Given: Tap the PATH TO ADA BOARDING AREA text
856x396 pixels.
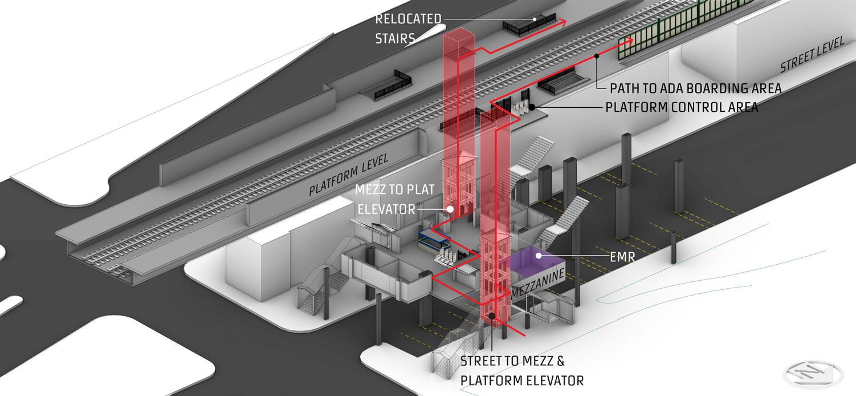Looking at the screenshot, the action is [695, 88].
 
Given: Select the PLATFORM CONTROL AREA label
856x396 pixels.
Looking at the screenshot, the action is [681, 107].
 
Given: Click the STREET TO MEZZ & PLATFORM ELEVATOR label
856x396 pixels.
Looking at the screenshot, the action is [521, 371].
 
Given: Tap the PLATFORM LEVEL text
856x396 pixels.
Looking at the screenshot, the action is [348, 175].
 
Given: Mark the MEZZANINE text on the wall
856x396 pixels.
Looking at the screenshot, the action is [539, 284].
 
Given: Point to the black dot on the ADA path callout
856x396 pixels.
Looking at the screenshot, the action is [597, 56].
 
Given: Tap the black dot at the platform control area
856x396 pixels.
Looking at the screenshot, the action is [532, 107].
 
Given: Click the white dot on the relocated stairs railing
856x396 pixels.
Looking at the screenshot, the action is [535, 19].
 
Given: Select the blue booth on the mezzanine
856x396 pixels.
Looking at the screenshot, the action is [431, 242].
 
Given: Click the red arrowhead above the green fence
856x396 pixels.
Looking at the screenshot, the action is [629, 41].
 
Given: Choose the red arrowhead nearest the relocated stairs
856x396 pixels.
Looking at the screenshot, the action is [564, 22].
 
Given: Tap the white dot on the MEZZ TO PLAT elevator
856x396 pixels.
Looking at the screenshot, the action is [450, 209].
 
